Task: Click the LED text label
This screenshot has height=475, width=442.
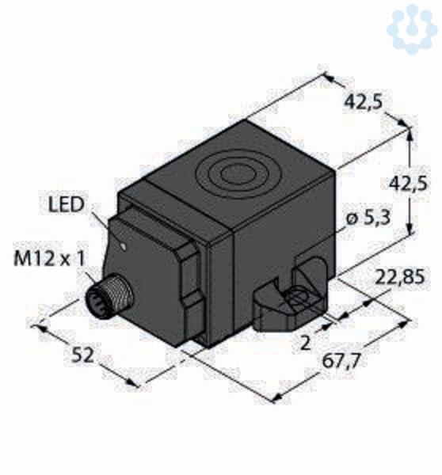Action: tap(66, 204)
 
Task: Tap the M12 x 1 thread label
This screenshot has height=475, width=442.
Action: tap(49, 259)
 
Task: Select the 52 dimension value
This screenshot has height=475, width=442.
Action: tap(82, 355)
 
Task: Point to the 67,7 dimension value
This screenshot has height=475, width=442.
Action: tap(341, 360)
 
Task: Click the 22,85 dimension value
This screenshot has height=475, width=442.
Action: tap(399, 276)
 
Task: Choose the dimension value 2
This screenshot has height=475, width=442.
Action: tap(305, 344)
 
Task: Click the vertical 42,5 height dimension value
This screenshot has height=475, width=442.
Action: tap(408, 184)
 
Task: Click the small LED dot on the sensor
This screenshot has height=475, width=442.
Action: tap(123, 246)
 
